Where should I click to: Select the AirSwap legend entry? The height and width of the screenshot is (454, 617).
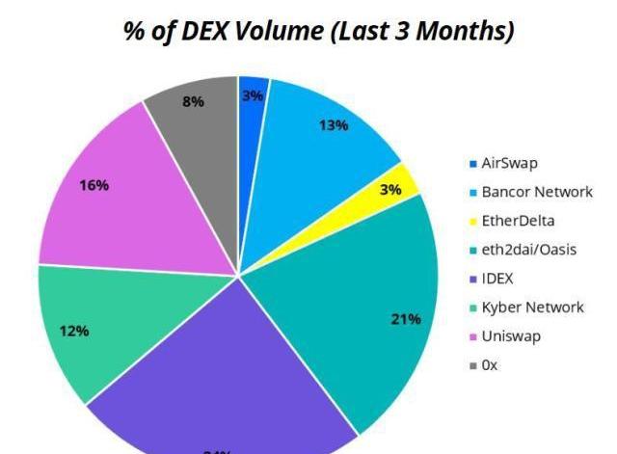[x=510, y=163]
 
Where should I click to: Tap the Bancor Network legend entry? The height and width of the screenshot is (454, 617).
[x=536, y=192]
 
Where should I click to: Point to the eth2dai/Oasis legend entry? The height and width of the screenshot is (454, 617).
[x=528, y=250]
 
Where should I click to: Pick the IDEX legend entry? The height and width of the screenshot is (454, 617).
[x=499, y=279]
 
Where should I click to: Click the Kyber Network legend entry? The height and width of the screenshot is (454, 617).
[x=532, y=307]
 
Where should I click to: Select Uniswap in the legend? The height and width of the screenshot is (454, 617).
[x=512, y=336]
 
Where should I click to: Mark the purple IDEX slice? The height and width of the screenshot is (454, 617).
[x=222, y=386]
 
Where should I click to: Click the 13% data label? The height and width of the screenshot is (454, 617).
[x=334, y=125]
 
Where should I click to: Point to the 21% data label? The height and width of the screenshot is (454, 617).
[x=405, y=319]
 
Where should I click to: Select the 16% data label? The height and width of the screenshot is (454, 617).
[x=94, y=186]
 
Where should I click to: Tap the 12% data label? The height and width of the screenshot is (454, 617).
[x=74, y=332]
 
